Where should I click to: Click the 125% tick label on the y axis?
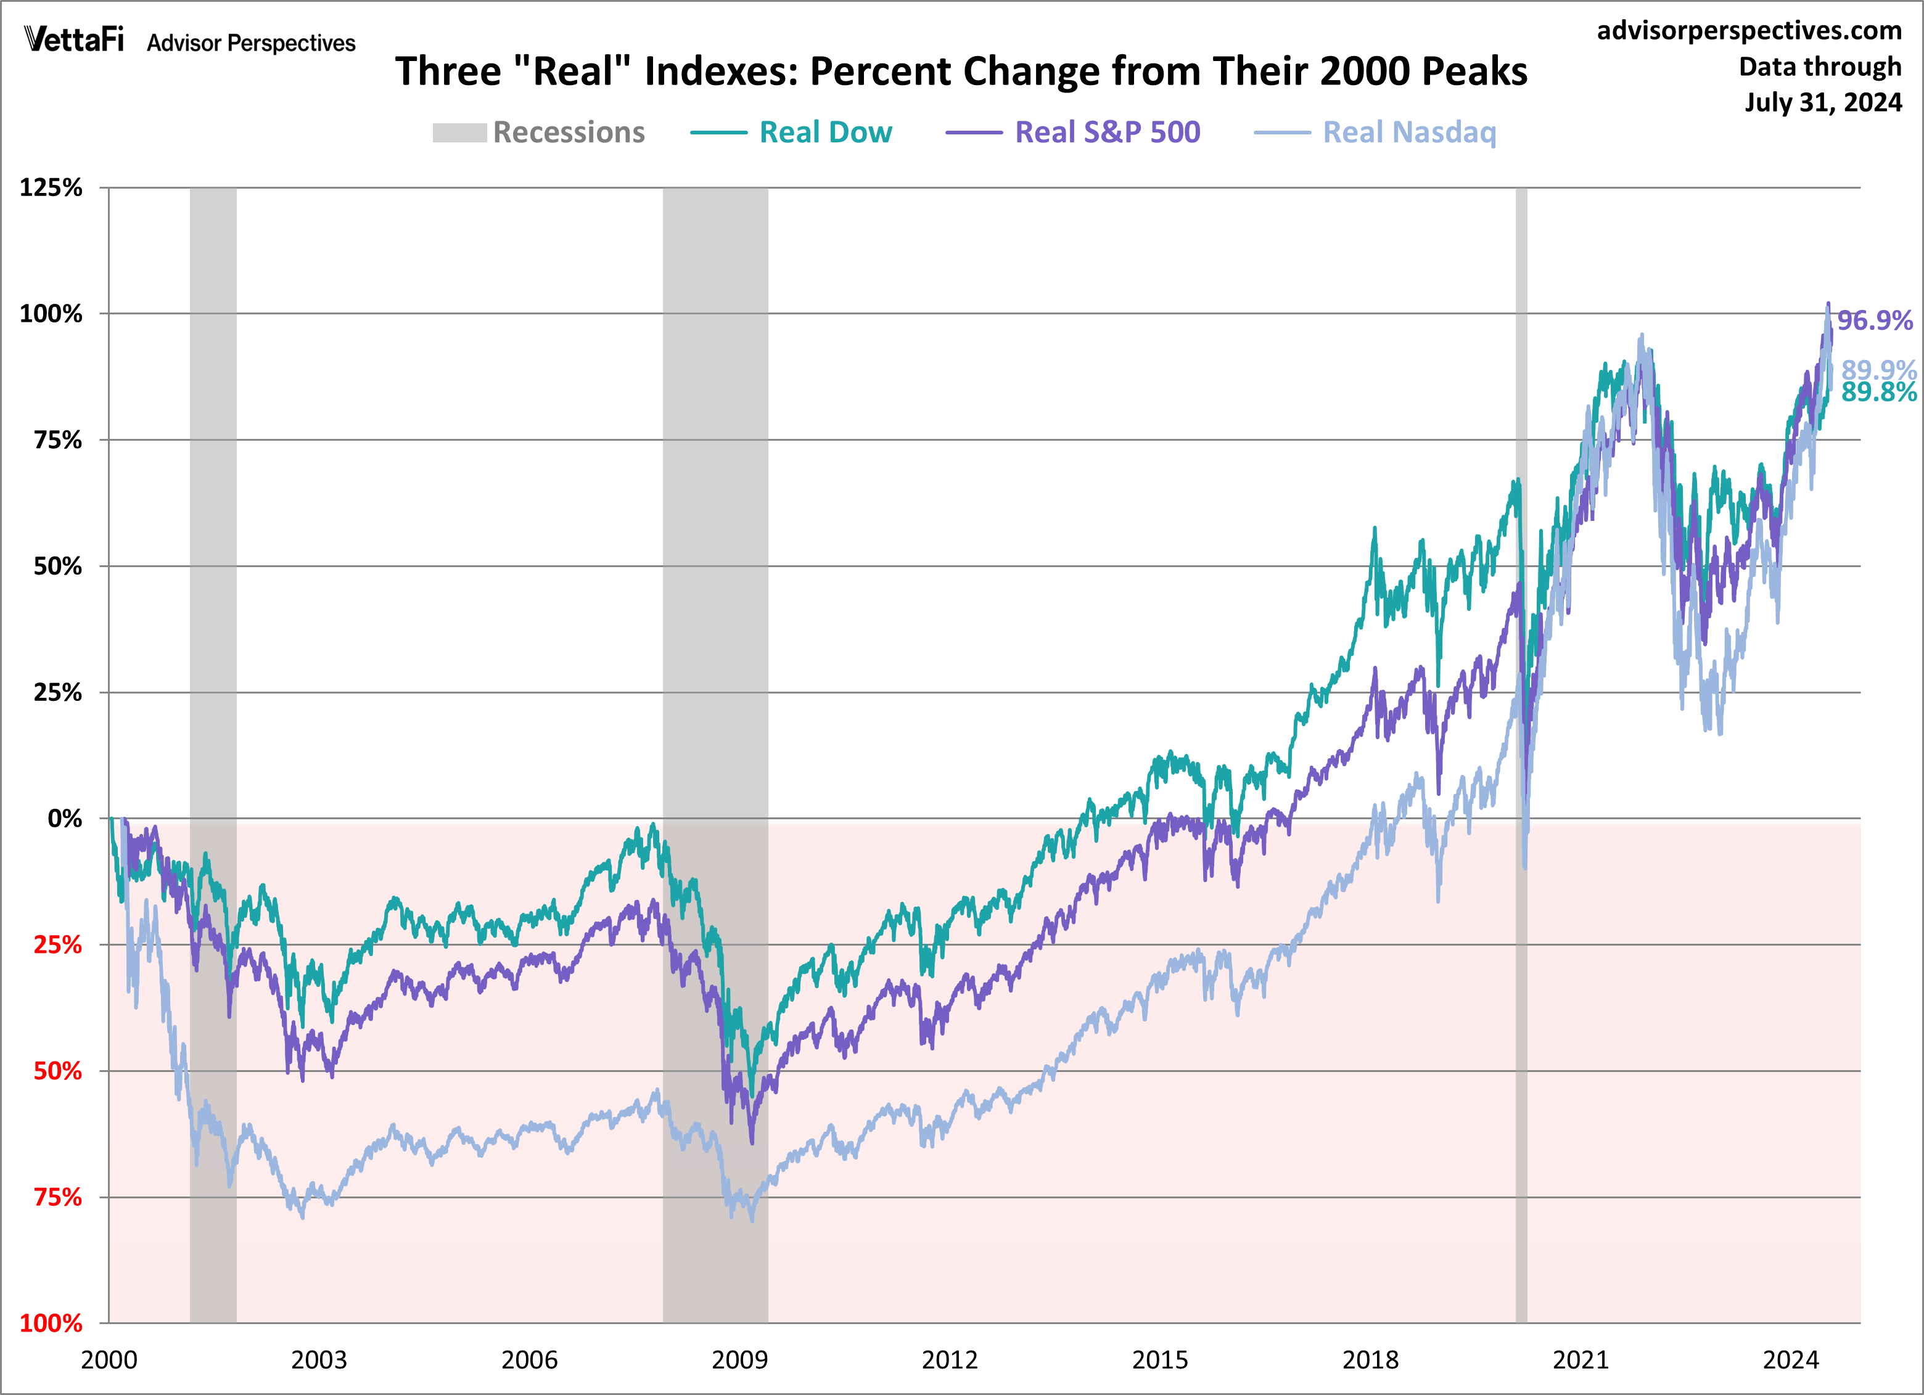click(51, 187)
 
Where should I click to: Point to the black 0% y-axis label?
click(65, 819)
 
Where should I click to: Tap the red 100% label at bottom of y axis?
click(51, 1323)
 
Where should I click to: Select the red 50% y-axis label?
click(58, 1071)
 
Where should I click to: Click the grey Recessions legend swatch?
click(459, 133)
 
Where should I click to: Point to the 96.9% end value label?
click(1875, 321)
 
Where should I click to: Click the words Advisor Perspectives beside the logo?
click(251, 43)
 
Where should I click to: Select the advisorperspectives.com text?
click(1749, 31)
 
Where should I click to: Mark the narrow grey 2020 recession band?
click(1521, 594)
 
